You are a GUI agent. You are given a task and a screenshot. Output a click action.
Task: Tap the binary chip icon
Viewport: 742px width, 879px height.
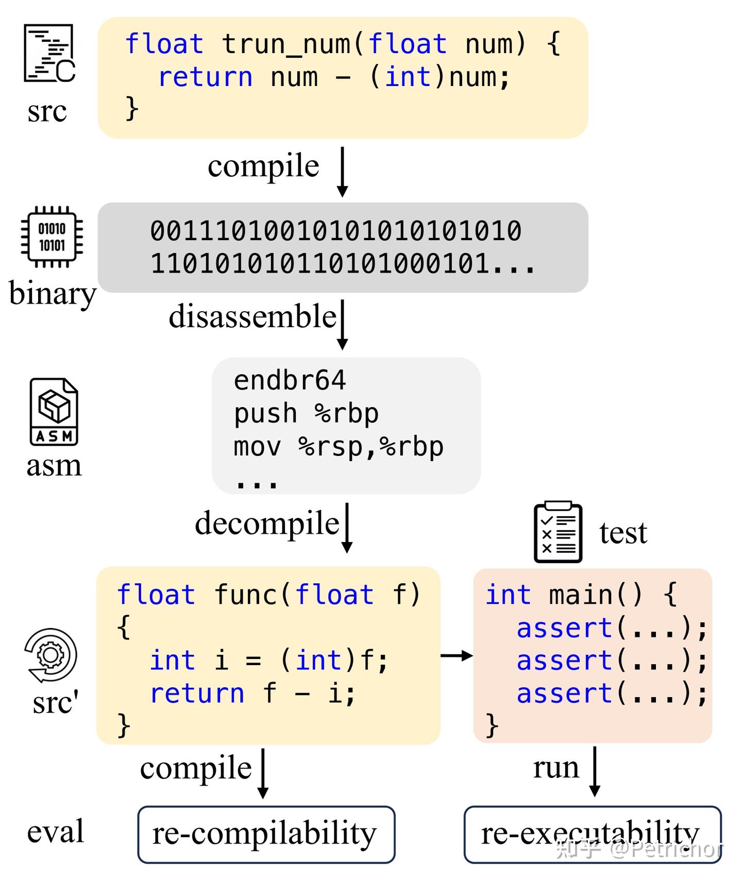pos(52,237)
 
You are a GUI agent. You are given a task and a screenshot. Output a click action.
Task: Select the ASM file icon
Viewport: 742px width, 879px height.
pos(54,412)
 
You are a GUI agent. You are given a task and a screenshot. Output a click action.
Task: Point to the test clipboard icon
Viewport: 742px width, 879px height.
pos(558,532)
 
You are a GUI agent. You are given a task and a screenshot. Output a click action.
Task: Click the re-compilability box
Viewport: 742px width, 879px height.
pos(266,834)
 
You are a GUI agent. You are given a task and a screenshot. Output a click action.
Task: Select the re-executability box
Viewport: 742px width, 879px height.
pos(592,834)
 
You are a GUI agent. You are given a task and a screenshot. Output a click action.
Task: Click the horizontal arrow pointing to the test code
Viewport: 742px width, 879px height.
pos(457,655)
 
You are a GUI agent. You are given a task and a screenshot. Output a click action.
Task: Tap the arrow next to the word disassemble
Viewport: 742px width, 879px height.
pos(342,325)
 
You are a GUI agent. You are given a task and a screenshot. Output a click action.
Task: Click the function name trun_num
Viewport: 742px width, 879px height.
pos(286,44)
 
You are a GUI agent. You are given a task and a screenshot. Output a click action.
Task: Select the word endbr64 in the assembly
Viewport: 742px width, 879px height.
pos(290,381)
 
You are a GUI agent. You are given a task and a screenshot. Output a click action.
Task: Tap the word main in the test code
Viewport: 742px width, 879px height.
pos(580,595)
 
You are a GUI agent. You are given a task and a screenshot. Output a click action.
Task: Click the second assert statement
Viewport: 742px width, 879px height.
pos(612,661)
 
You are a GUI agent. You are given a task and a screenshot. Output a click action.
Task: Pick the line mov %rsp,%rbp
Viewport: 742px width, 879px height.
pos(339,447)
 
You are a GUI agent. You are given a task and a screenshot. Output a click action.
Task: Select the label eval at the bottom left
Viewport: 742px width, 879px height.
pos(55,831)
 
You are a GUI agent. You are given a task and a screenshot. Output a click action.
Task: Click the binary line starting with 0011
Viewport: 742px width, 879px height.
pos(336,231)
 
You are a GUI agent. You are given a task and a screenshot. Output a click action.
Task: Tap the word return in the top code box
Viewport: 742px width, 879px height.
pos(205,77)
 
